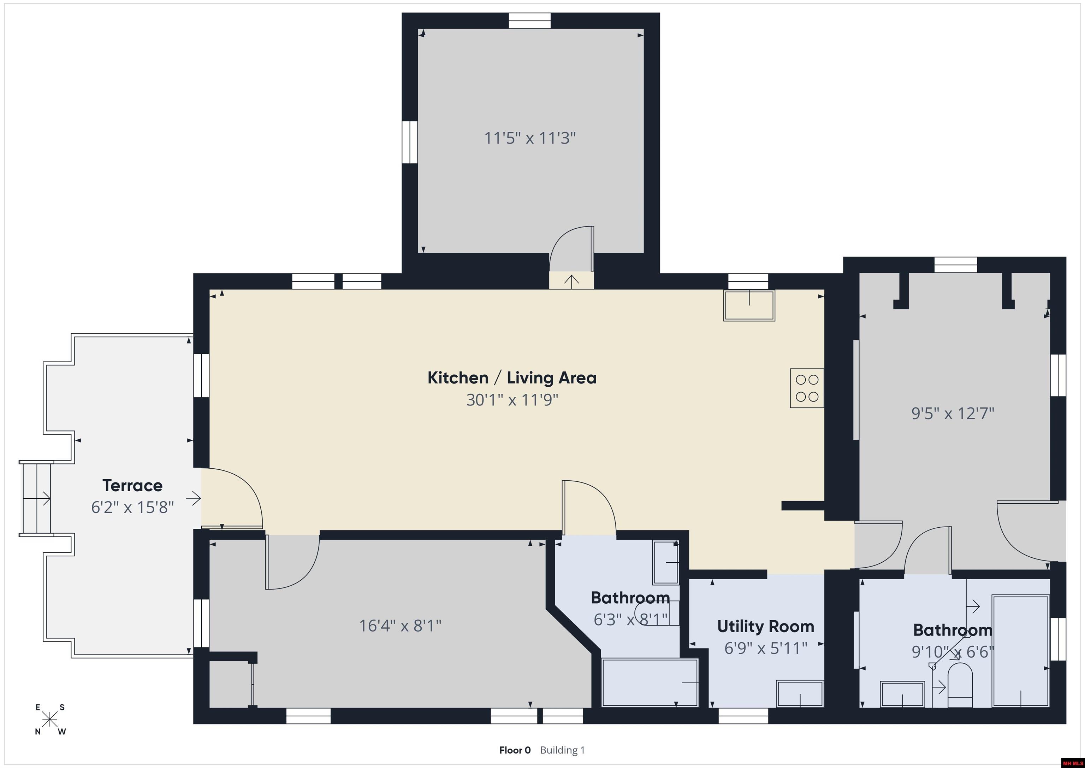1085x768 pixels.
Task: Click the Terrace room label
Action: [x=132, y=485]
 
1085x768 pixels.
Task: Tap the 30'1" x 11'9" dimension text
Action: [x=512, y=400]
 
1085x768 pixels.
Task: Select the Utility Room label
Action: [x=766, y=627]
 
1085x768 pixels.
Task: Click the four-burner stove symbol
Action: [x=807, y=388]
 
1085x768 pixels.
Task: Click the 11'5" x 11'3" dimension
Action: [x=530, y=138]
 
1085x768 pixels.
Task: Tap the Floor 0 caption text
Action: [x=515, y=750]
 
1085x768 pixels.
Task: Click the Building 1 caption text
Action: [x=562, y=750]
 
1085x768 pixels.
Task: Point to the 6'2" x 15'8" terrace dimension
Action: [x=132, y=508]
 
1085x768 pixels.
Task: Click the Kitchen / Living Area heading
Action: [x=512, y=378]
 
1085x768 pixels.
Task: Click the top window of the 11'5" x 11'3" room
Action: [x=530, y=21]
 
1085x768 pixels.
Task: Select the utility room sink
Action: [x=800, y=694]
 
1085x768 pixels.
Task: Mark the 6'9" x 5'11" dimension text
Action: [x=766, y=648]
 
